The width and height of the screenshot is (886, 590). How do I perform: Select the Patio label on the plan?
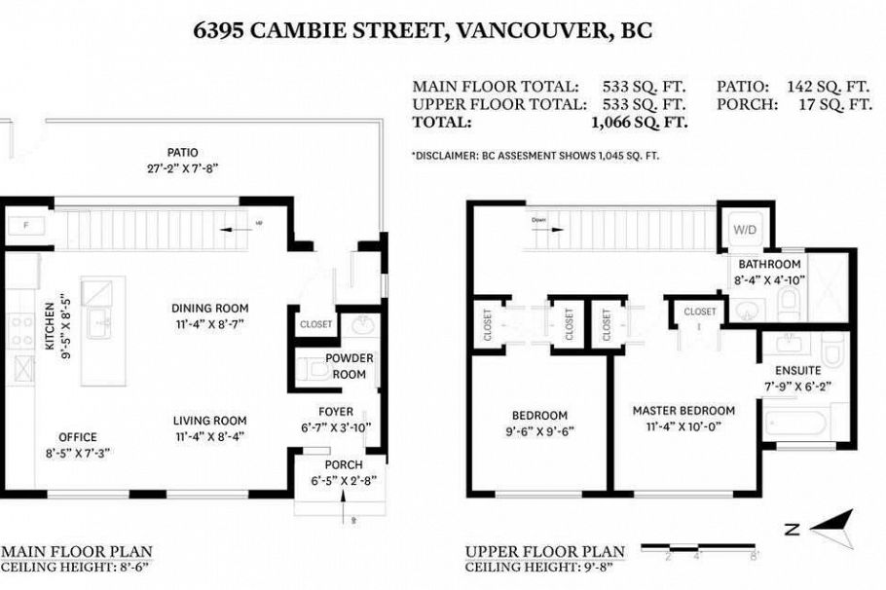tap(182, 153)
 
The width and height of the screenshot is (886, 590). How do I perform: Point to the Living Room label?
tap(209, 421)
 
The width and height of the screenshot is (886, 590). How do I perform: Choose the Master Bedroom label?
tap(683, 411)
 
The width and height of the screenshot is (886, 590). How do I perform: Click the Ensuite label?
tap(797, 371)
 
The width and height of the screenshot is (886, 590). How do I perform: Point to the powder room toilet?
tap(311, 367)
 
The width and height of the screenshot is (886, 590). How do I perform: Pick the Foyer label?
tap(336, 412)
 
